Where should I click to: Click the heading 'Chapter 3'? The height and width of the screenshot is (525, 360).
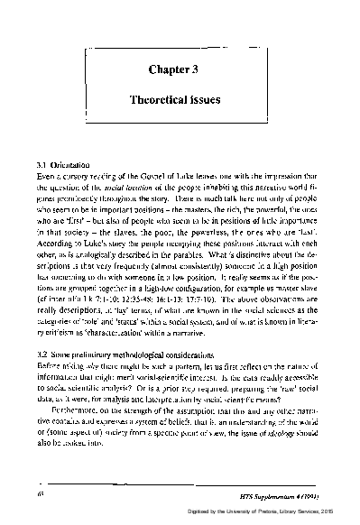click(180, 69)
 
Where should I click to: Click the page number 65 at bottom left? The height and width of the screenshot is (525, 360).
click(41, 494)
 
